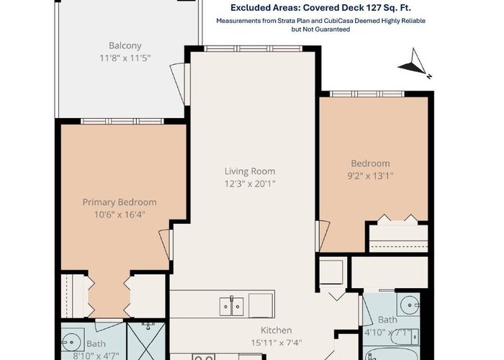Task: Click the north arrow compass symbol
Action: [x=415, y=63]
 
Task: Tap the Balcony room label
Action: [x=125, y=45]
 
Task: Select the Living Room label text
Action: [x=250, y=171]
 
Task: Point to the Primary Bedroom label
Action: [x=120, y=202]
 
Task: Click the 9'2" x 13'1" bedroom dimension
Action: [x=370, y=176]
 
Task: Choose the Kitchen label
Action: [x=276, y=330]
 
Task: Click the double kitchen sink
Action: [x=231, y=306]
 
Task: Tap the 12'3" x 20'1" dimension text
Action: [x=250, y=184]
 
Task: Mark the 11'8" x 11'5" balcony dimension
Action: [x=125, y=58]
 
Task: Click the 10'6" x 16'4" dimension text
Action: [x=120, y=215]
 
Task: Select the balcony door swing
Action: [x=178, y=84]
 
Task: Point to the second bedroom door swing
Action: [x=323, y=236]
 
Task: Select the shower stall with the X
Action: [x=146, y=341]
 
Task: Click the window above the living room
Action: [x=253, y=48]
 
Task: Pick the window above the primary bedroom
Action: [x=122, y=121]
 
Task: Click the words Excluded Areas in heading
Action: [x=264, y=8]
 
